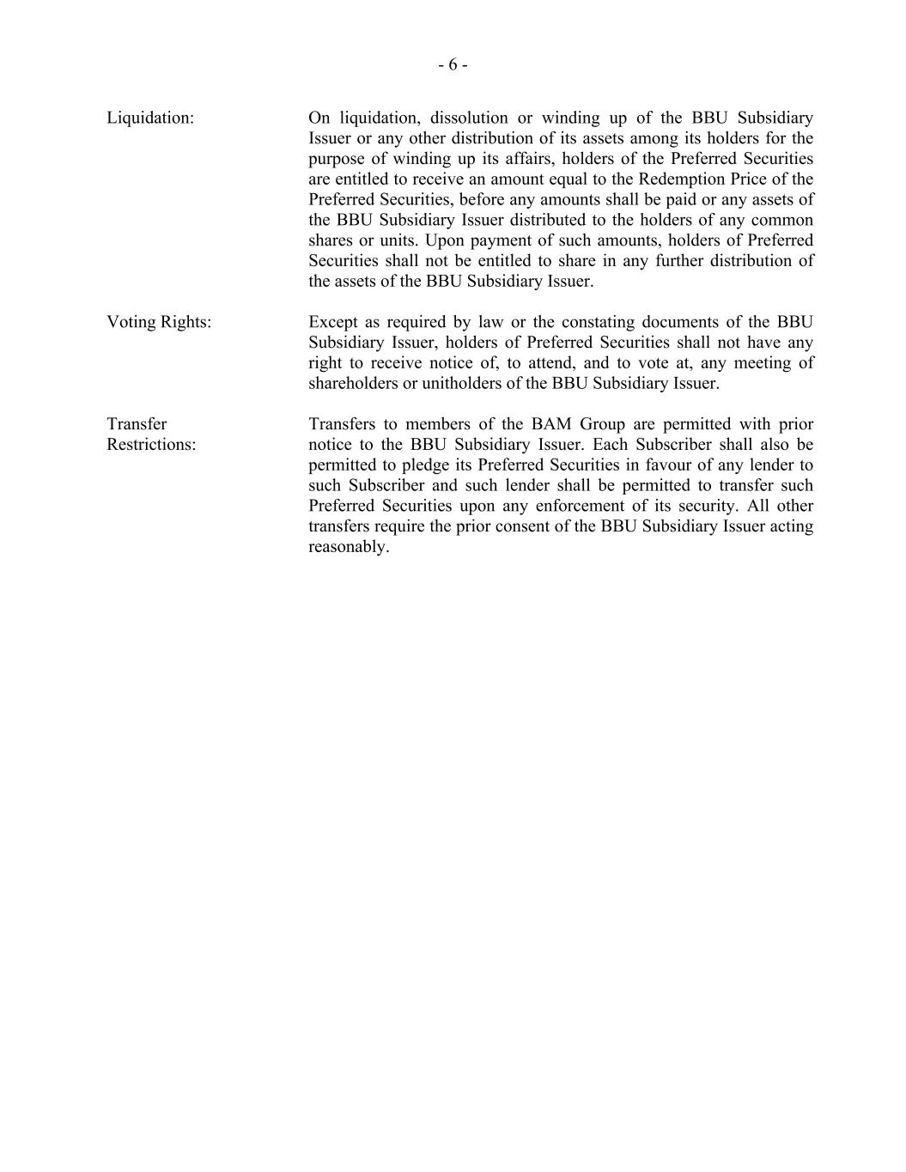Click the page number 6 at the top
(453, 65)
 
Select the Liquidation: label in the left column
(150, 118)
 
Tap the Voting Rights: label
(159, 323)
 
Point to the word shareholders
(353, 384)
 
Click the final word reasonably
(349, 547)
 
